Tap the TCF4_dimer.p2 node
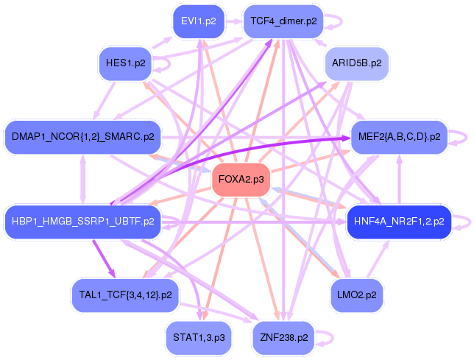click(x=283, y=21)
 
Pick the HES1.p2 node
click(x=126, y=63)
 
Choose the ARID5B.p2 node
click(x=357, y=64)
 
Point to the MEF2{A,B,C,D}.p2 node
click(x=399, y=137)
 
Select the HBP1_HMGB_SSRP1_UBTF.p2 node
click(x=82, y=221)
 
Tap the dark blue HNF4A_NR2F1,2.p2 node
click(x=398, y=221)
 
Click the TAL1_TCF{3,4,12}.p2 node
click(x=124, y=294)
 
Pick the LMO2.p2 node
click(x=356, y=294)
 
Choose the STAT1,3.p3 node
click(x=198, y=337)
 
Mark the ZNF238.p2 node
click(x=283, y=337)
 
